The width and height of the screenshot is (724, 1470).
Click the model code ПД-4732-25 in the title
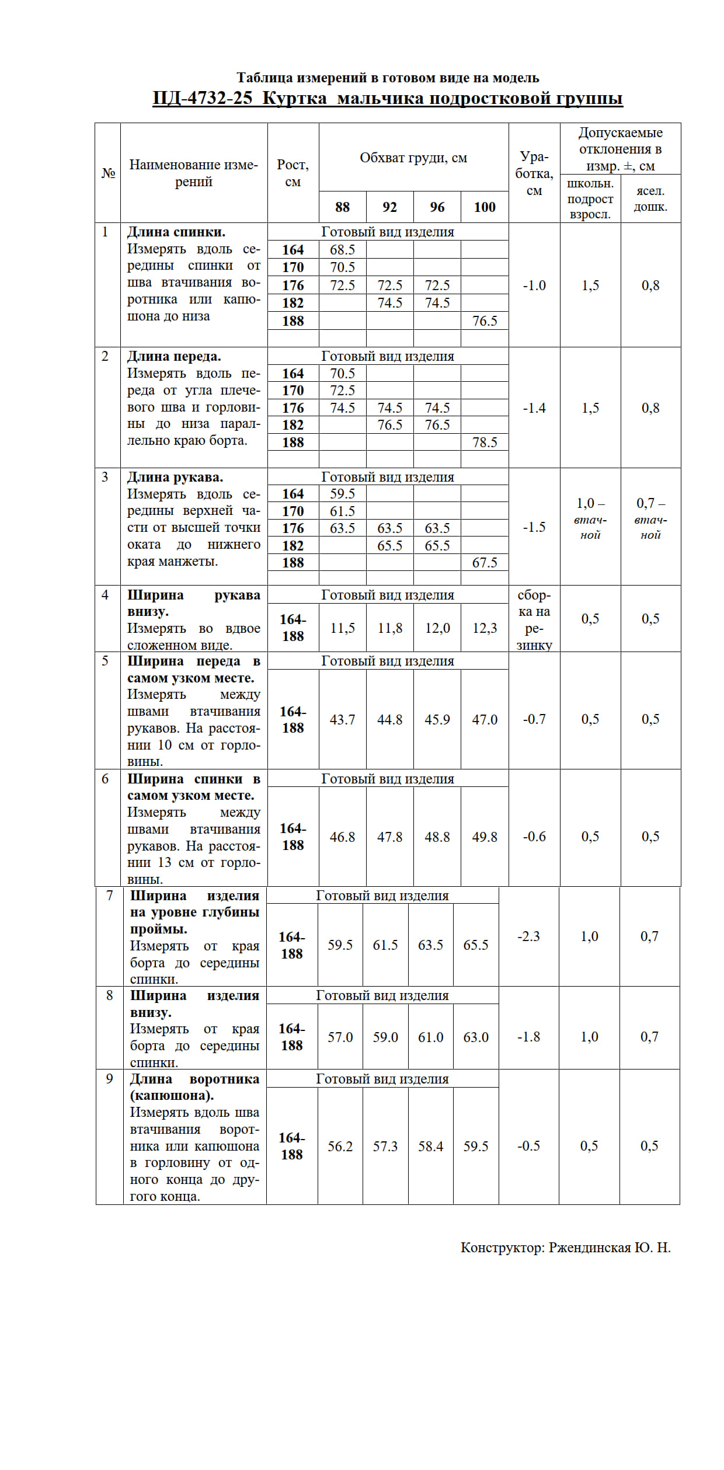(x=202, y=97)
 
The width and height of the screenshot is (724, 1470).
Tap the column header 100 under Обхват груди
(x=485, y=207)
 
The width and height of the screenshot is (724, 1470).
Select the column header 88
(x=342, y=207)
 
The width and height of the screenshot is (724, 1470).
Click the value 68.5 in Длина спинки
(x=342, y=250)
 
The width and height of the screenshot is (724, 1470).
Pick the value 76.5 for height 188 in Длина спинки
(x=485, y=321)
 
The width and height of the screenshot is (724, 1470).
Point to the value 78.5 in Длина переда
(x=485, y=443)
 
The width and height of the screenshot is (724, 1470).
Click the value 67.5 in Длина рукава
(x=485, y=563)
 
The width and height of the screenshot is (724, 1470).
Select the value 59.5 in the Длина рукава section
(x=342, y=494)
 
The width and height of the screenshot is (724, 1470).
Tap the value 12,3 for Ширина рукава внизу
(x=485, y=628)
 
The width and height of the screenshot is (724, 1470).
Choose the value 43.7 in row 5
(x=342, y=720)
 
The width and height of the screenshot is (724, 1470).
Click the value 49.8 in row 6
(x=485, y=837)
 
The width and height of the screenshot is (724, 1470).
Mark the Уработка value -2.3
(x=528, y=936)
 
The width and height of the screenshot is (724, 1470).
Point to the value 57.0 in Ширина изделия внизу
(x=340, y=1037)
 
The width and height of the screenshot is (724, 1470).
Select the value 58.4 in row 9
(x=430, y=1147)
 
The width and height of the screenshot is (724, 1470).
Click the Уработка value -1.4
(x=534, y=408)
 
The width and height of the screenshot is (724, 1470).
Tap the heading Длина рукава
(x=175, y=478)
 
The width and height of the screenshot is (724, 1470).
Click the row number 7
(x=109, y=896)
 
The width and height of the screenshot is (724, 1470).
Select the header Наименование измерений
(x=193, y=173)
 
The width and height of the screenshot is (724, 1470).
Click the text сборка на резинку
(x=534, y=620)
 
